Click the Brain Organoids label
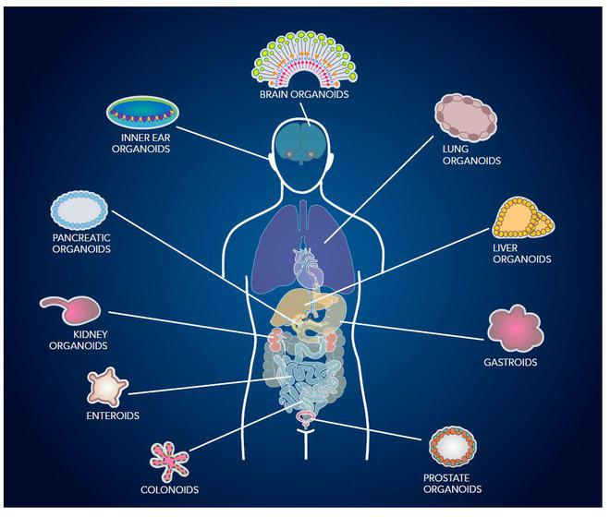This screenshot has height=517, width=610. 304,94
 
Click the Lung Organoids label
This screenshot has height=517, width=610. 471,155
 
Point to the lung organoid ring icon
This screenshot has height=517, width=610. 465,117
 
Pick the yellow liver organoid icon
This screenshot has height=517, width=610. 523,218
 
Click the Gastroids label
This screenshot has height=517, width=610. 510,362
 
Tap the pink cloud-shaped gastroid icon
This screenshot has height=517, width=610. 515,329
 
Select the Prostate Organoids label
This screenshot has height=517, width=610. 452,483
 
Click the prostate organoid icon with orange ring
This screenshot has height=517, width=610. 453,447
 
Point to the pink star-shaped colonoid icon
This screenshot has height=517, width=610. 169,462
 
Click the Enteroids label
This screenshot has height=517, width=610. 113,415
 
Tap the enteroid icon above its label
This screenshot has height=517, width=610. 107,387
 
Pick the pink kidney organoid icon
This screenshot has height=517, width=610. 71,309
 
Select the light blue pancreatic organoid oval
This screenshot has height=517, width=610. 79,210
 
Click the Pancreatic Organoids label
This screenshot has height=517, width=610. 81,244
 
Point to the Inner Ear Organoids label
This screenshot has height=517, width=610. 140,143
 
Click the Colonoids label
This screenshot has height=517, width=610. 170,489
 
